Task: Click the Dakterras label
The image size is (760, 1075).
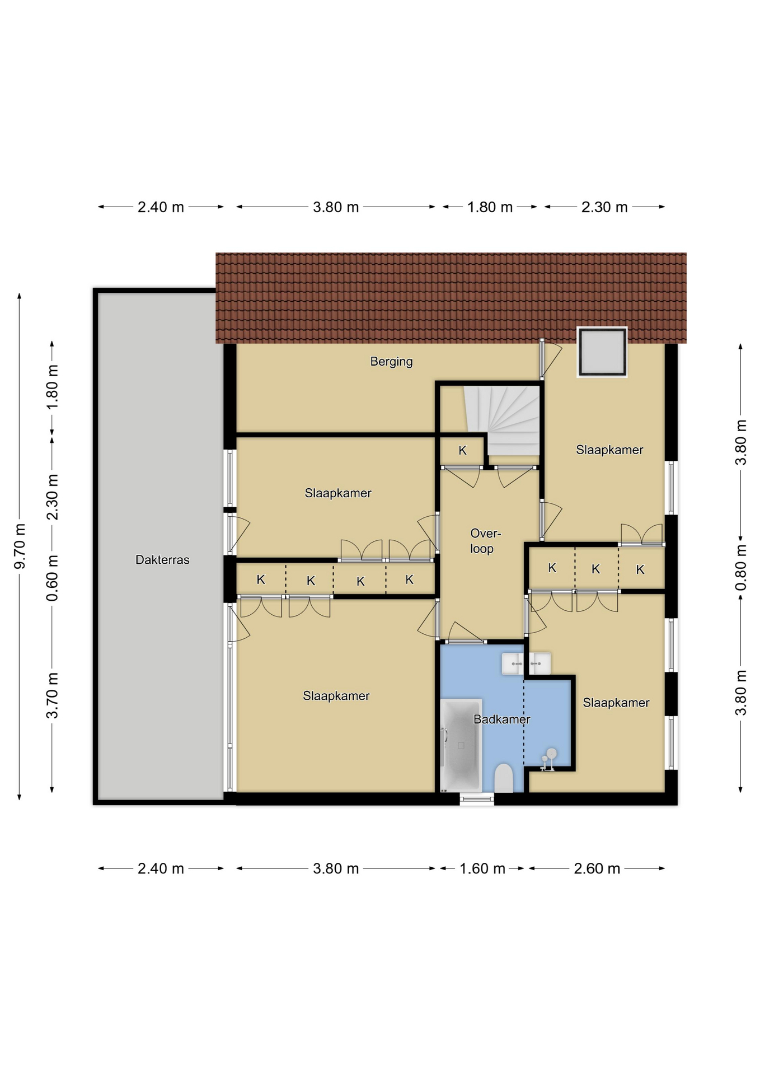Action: [x=162, y=560]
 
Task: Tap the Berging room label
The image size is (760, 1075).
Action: [x=391, y=362]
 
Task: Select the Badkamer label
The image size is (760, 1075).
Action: [x=501, y=719]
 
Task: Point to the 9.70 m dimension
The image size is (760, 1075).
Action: [x=20, y=546]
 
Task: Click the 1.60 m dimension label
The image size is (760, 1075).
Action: [x=482, y=868]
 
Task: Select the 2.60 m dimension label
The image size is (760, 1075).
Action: [x=597, y=868]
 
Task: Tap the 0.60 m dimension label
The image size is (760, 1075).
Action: [x=52, y=578]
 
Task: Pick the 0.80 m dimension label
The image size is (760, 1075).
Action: [x=740, y=568]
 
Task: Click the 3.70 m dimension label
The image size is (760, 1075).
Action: [x=52, y=695]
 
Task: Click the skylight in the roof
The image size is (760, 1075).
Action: [x=602, y=352]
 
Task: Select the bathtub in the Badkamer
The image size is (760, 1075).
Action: [x=461, y=745]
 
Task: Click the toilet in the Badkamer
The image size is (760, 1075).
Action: [x=504, y=778]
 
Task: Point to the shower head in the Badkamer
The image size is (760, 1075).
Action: [x=552, y=753]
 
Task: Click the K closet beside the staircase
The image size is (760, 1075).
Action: [x=462, y=450]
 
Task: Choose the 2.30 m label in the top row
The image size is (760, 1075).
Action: [x=604, y=207]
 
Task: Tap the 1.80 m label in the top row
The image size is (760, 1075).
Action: [x=490, y=207]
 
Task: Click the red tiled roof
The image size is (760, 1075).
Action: [x=451, y=298]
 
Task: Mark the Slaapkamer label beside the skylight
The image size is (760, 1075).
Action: [x=609, y=450]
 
